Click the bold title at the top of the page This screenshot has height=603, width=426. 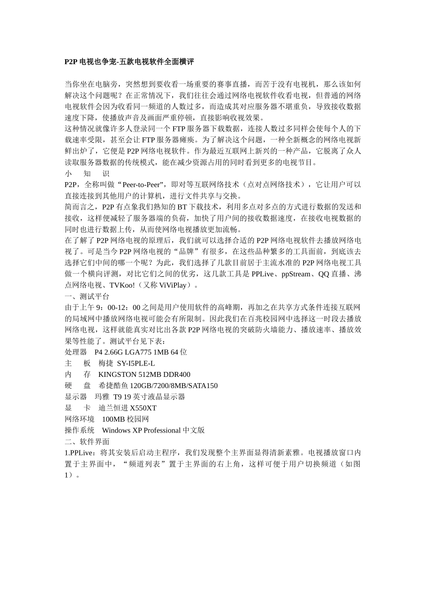click(129, 62)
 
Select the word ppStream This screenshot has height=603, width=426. click(296, 274)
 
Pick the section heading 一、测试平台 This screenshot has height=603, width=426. click(87, 297)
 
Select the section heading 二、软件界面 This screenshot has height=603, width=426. click(87, 441)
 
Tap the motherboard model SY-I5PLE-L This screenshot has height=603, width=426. click(136, 363)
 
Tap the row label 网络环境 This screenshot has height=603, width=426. click(79, 419)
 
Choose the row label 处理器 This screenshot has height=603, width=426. click(76, 352)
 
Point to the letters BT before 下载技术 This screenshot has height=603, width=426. click(182, 207)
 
